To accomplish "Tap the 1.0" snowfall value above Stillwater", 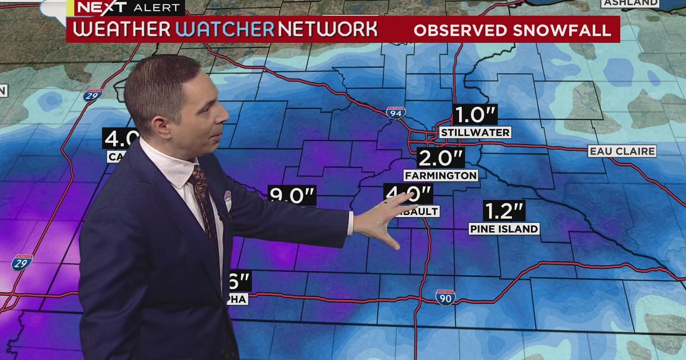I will pos(474,115).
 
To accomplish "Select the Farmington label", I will pos(441,175).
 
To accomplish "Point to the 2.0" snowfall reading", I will pos(440,158).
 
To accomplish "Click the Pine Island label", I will pos(504,229).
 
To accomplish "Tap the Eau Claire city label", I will pos(623,151).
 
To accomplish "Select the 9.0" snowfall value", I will pos(293,196).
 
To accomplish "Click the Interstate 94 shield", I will pos(396,113).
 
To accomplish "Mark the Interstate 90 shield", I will pos(445,297).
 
